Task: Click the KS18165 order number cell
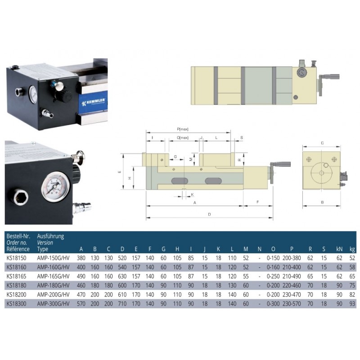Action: [16, 276]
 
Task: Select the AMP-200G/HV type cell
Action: [53, 295]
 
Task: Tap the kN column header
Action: [339, 249]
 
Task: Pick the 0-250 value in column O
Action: [273, 276]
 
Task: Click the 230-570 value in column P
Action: [292, 304]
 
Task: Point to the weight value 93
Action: [352, 304]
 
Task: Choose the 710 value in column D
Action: [122, 304]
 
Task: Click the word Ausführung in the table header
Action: [50, 236]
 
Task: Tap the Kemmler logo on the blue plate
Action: [94, 102]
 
